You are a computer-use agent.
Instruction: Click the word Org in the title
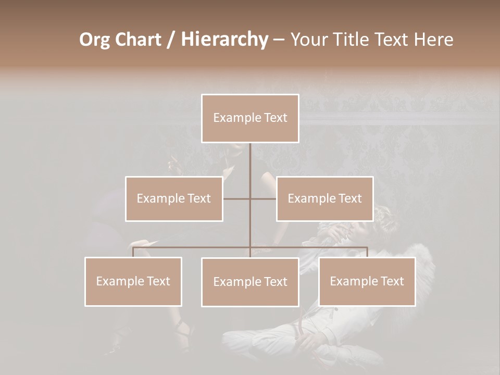(94, 40)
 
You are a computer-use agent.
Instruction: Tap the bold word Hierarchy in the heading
(224, 40)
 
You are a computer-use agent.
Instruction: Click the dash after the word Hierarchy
(279, 40)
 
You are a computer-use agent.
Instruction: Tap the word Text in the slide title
(393, 40)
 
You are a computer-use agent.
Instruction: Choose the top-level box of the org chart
(250, 118)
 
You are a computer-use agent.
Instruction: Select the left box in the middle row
(174, 198)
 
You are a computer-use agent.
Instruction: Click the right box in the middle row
(324, 198)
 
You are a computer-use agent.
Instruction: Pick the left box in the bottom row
(133, 281)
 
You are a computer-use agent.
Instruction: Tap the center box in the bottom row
(250, 282)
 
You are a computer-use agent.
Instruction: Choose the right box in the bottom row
(367, 281)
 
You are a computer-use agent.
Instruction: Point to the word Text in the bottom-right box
(391, 281)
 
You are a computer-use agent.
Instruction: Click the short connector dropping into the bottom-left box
(133, 252)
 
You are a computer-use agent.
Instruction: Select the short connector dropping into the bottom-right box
(367, 252)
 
